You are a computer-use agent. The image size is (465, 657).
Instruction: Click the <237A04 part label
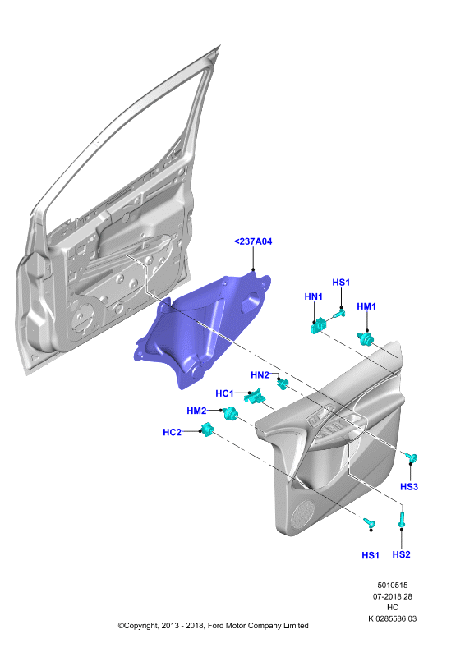(253, 241)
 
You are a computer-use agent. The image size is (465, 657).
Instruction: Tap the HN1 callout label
(313, 296)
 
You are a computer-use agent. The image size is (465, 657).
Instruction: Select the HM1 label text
(366, 306)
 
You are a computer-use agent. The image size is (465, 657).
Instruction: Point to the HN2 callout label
(260, 375)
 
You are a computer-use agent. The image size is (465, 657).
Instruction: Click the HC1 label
(224, 393)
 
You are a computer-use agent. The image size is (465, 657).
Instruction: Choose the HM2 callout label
(196, 411)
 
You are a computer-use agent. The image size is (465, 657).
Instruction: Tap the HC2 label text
(172, 432)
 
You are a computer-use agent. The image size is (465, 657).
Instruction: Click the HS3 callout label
(409, 486)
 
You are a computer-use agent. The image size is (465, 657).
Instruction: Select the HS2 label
(401, 554)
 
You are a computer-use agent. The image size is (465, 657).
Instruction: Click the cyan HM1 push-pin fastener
(366, 338)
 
